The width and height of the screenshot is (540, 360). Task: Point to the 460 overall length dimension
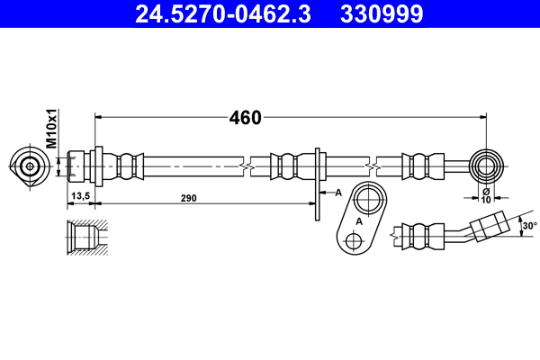point(244,118)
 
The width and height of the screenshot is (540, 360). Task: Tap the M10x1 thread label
point(51,129)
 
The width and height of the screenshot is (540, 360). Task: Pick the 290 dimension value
point(188,197)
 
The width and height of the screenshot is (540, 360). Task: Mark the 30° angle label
point(530,226)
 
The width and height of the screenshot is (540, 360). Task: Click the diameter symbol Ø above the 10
point(486,191)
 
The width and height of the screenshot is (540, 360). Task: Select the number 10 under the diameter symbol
point(486,201)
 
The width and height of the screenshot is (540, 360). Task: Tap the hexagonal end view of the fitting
point(29,166)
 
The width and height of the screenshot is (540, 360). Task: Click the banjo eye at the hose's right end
point(489,166)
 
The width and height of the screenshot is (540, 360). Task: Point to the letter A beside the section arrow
point(338,193)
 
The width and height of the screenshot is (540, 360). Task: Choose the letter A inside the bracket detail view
point(357,220)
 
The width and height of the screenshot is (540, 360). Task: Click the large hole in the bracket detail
point(367,199)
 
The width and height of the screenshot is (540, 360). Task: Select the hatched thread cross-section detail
point(86,237)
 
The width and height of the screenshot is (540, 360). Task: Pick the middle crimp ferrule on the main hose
point(287,166)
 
